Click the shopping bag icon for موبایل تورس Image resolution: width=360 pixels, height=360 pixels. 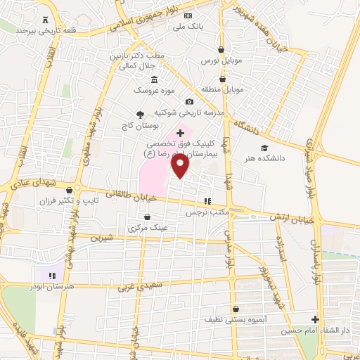click(222, 50)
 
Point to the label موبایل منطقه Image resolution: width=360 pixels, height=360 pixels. click(224, 90)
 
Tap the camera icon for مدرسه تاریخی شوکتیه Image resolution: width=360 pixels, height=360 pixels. click(189, 101)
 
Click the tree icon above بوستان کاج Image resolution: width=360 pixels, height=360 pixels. click(139, 114)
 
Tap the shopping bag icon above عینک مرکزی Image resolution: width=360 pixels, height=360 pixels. click(147, 217)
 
